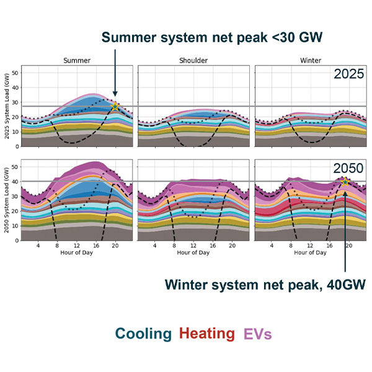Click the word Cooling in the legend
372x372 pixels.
143,334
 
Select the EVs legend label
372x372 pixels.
257,334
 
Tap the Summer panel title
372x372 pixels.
77,61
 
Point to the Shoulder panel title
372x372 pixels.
193,61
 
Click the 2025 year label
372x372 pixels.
350,75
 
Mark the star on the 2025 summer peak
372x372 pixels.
115,107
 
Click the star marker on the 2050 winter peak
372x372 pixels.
345,182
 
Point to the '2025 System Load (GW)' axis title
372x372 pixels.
7,105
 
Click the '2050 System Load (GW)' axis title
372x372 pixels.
7,200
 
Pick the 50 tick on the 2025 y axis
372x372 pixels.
16,73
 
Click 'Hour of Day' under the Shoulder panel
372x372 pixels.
193,252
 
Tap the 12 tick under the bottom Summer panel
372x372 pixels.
77,246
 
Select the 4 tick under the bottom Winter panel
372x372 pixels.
272,246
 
